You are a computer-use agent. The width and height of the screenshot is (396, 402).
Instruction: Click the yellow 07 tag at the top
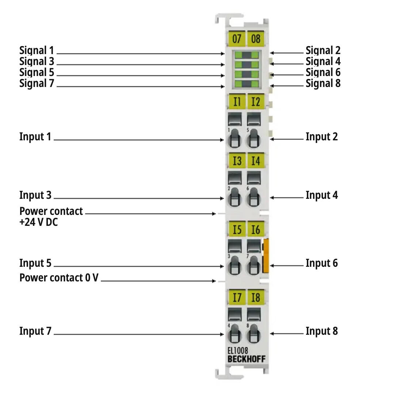pyautogui.click(x=237, y=38)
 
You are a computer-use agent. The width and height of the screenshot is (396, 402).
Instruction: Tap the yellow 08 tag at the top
pyautogui.click(x=256, y=38)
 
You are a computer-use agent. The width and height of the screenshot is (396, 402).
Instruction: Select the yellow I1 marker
pyautogui.click(x=237, y=101)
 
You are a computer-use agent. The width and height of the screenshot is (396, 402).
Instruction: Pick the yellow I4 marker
pyautogui.click(x=256, y=160)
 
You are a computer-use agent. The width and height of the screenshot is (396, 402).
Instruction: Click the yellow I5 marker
pyautogui.click(x=237, y=229)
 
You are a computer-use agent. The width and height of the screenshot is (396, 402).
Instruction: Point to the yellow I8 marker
pyautogui.click(x=256, y=297)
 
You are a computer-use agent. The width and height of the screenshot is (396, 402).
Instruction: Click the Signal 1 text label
pyautogui.click(x=37, y=50)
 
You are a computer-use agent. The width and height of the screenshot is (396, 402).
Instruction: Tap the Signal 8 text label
pyautogui.click(x=323, y=83)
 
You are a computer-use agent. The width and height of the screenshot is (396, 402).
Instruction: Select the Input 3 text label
pyautogui.click(x=35, y=195)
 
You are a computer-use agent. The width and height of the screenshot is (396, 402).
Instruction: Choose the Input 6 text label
pyautogui.click(x=321, y=263)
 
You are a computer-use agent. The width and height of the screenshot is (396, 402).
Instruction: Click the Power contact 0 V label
pyautogui.click(x=59, y=278)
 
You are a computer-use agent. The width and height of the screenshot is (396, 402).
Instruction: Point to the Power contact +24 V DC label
pyautogui.click(x=51, y=216)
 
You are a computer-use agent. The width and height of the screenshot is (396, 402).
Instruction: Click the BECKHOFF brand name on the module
pyautogui.click(x=247, y=359)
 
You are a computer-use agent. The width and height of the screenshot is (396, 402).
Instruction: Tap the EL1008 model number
pyautogui.click(x=238, y=351)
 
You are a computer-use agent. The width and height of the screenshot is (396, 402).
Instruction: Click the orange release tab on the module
pyautogui.click(x=266, y=256)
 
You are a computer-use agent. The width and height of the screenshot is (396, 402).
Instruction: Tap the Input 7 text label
pyautogui.click(x=35, y=331)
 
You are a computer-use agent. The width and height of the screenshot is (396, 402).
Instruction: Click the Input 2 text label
pyautogui.click(x=321, y=137)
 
